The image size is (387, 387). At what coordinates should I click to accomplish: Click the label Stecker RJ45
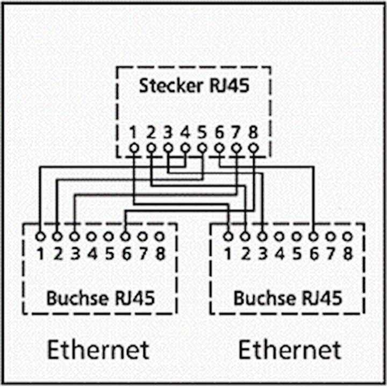click(x=194, y=85)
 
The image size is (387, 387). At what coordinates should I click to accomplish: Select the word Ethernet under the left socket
click(x=98, y=350)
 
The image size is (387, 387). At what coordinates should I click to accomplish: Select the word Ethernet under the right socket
click(x=289, y=350)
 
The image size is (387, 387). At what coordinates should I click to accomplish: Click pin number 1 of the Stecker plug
click(x=134, y=132)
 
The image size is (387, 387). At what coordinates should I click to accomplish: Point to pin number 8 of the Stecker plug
click(x=253, y=132)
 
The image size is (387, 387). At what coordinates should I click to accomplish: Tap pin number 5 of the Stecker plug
click(x=202, y=132)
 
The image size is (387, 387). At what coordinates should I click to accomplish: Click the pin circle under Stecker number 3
click(x=168, y=148)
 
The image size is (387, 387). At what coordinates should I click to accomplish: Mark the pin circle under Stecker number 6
click(x=219, y=148)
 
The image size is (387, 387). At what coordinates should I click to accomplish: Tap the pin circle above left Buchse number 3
click(x=75, y=236)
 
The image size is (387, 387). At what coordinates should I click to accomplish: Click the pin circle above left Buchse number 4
click(x=92, y=236)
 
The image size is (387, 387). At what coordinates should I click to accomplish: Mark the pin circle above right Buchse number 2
click(x=245, y=236)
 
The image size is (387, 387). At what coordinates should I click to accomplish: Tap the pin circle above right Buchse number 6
click(x=313, y=236)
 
